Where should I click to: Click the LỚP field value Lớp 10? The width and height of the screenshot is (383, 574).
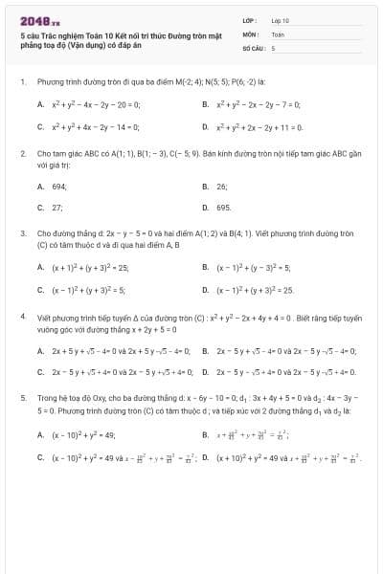281,19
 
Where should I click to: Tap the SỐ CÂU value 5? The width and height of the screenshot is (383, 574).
273,46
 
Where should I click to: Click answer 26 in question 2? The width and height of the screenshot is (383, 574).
221,187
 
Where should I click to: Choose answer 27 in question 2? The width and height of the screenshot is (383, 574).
56,207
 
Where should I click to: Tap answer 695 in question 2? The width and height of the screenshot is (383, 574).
223,207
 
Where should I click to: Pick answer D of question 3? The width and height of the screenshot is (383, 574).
255,289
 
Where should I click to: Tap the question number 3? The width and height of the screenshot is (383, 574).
22,232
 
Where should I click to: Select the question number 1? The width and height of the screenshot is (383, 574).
22,82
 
